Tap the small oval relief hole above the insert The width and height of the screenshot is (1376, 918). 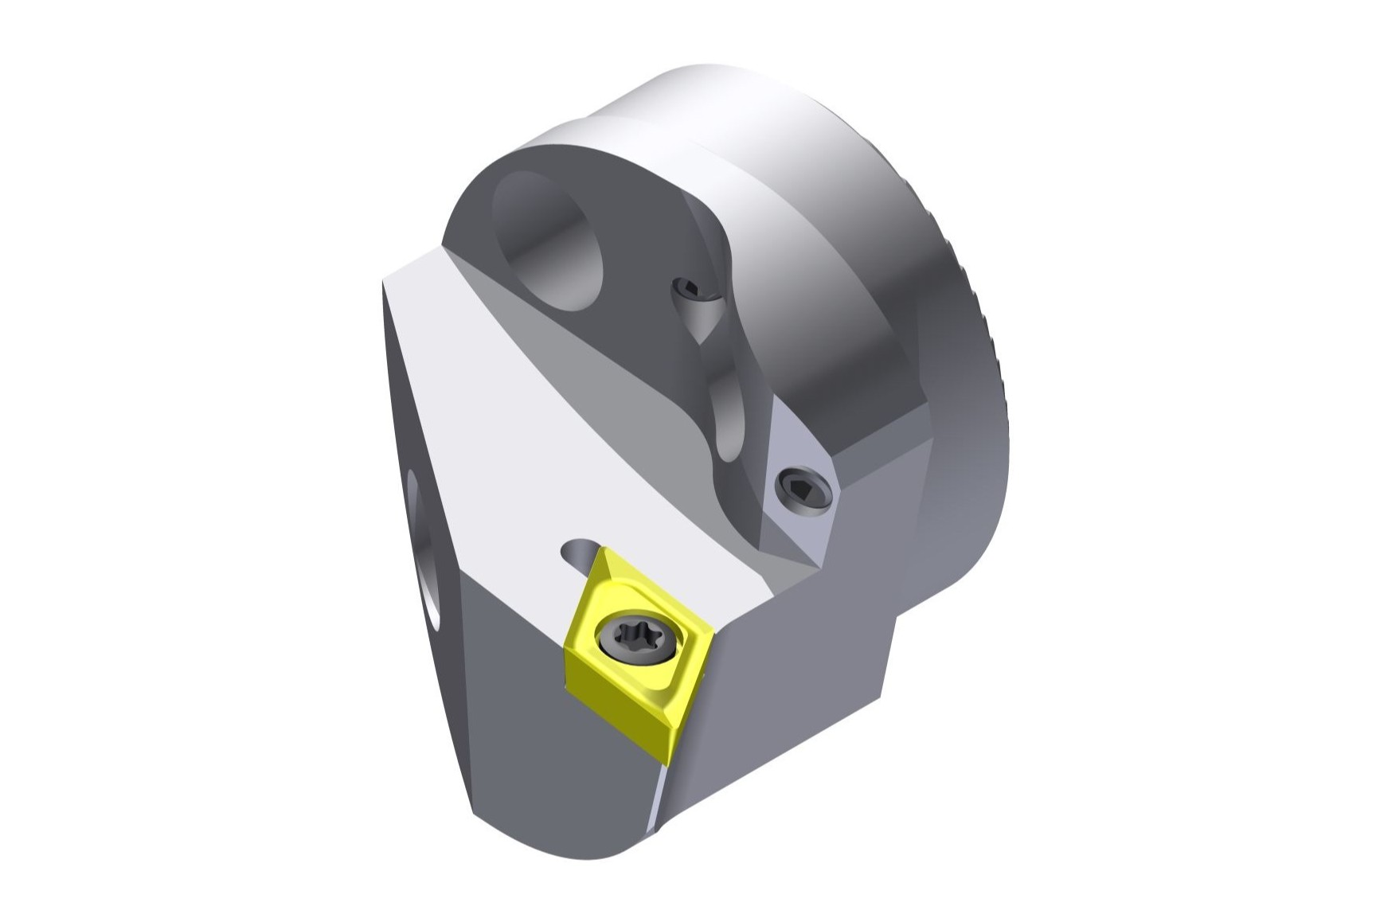click(580, 552)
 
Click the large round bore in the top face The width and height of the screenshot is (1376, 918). click(549, 239)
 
